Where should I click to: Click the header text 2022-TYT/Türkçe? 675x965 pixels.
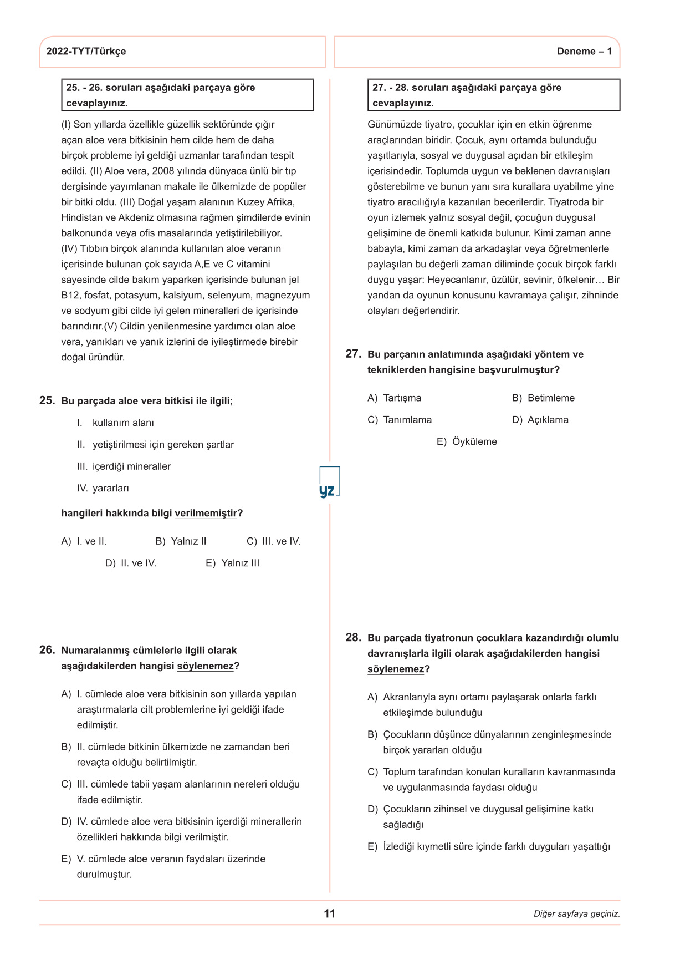point(86,52)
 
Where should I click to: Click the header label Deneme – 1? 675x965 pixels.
point(584,52)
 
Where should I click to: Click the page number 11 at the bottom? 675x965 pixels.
point(330,913)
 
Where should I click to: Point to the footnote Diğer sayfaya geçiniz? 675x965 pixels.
point(576,914)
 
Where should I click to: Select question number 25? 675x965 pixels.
point(47,400)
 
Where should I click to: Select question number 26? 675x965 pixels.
point(47,650)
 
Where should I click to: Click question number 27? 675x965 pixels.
point(353,354)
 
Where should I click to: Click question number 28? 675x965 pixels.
point(353,638)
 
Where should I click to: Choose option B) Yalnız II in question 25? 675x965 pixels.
point(181,541)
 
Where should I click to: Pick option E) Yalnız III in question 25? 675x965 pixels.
point(233,563)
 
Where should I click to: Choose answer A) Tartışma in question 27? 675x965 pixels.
point(395,398)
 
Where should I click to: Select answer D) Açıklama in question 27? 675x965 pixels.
point(540,420)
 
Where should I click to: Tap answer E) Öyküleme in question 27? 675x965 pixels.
point(467,442)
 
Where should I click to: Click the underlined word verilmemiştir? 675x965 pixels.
point(206,514)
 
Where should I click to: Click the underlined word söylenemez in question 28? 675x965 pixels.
point(395,669)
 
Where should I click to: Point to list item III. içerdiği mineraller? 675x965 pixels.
point(124,466)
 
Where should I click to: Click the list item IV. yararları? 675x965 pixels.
point(103,489)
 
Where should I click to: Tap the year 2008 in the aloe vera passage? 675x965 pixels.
point(163,171)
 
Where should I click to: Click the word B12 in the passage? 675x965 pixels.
point(70,296)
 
